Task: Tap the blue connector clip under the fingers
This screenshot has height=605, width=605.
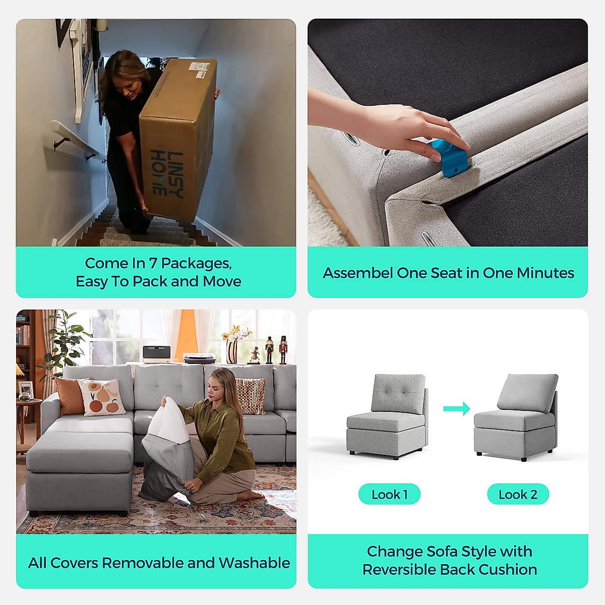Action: tap(449, 158)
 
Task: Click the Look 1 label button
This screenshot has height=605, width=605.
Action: tap(389, 495)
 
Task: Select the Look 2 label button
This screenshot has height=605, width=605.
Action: tap(518, 495)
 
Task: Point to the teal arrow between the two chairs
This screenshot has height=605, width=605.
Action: tap(456, 408)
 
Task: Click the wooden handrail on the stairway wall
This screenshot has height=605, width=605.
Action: tap(76, 139)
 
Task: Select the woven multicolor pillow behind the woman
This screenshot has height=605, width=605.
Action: tap(251, 396)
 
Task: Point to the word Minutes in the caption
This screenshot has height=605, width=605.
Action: tap(546, 273)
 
